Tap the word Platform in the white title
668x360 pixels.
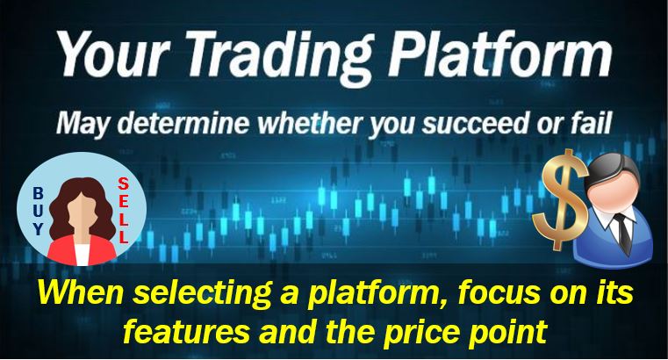pyautogui.click(x=499, y=54)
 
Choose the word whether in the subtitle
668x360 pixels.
pyautogui.click(x=311, y=123)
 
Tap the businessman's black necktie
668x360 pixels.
pyautogui.click(x=623, y=233)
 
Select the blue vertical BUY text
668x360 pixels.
pyautogui.click(x=38, y=212)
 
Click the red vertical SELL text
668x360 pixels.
pyautogui.click(x=123, y=211)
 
